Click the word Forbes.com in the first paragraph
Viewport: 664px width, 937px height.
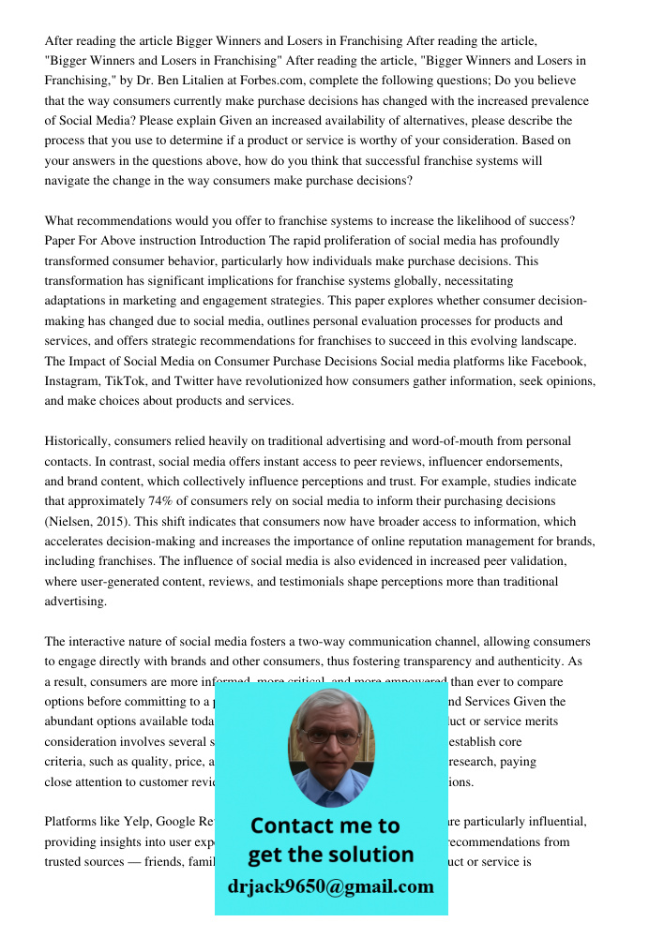coord(267,82)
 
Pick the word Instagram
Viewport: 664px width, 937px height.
coord(74,381)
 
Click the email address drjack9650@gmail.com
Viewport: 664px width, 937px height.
coord(330,886)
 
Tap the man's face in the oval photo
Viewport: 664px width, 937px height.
coord(330,737)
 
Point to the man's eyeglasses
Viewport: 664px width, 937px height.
coord(330,734)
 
